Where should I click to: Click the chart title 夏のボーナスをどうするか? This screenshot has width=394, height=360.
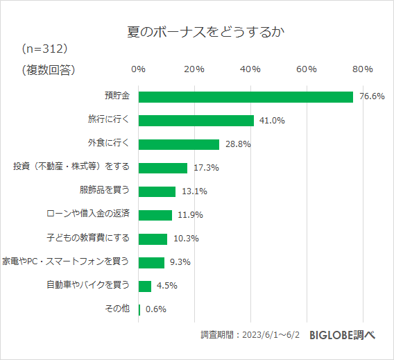coord(198,33)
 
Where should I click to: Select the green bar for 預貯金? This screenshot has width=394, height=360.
coord(246,96)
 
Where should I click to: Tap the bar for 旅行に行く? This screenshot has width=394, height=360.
coord(196,120)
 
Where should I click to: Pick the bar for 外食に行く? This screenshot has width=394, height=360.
coord(179,144)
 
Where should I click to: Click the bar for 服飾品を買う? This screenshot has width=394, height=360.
coord(157,191)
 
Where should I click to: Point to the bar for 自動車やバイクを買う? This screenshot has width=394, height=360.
coord(145,286)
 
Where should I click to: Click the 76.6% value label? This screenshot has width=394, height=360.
coord(372,96)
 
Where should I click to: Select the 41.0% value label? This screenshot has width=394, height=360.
coord(272,121)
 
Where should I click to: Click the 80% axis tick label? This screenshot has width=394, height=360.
coord(363,69)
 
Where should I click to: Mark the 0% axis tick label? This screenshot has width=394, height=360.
coord(138,69)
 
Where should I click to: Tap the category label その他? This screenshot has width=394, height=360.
coord(117,309)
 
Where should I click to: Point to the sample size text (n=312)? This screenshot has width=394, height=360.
coord(45,49)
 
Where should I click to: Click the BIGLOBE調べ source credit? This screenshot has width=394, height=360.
coord(342,334)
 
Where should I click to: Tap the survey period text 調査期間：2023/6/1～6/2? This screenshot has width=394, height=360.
coord(250,335)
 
